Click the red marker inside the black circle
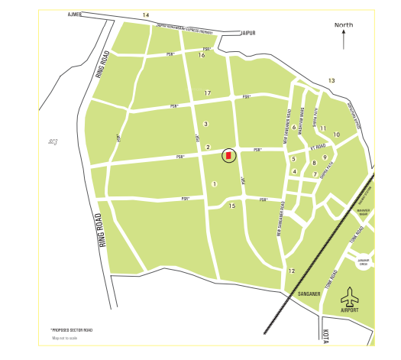[228, 156]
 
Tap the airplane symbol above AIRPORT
[351, 295]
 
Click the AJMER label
[74, 15]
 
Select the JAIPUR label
[247, 34]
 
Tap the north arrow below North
[344, 40]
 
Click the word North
[344, 25]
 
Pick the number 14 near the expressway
[145, 15]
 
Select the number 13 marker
[331, 80]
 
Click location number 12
[291, 271]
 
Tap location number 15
[232, 206]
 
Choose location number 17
[207, 93]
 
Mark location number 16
[202, 55]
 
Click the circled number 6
[294, 128]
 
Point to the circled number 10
[336, 135]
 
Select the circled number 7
[315, 174]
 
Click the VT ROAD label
[318, 145]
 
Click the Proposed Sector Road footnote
[72, 329]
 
